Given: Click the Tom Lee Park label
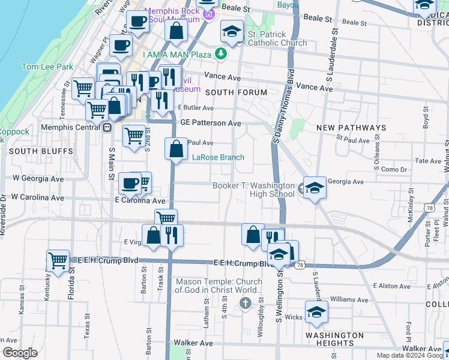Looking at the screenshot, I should pyautogui.click(x=47, y=67).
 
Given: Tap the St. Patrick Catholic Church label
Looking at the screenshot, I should pyautogui.click(x=277, y=39).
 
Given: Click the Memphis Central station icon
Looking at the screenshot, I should pyautogui.click(x=107, y=127).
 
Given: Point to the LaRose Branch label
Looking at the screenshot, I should pyautogui.click(x=218, y=157).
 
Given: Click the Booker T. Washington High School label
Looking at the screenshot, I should pyautogui.click(x=254, y=190).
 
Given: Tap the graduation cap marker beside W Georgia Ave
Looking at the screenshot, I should pyautogui.click(x=315, y=189).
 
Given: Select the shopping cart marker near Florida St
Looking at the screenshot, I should pyautogui.click(x=58, y=262).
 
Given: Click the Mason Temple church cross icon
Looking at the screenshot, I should pyautogui.click(x=245, y=304).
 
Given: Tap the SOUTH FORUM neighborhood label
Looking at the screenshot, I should pyautogui.click(x=236, y=92).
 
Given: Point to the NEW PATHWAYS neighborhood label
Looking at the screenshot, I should pyautogui.click(x=351, y=128).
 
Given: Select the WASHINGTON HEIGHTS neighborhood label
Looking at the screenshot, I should pyautogui.click(x=334, y=340).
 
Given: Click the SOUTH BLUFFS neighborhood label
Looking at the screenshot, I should pyautogui.click(x=32, y=151).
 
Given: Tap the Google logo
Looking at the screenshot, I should pyautogui.click(x=20, y=353).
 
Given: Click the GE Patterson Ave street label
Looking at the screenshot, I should pyautogui.click(x=211, y=123).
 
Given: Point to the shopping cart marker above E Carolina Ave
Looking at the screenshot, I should pyautogui.click(x=143, y=181).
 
